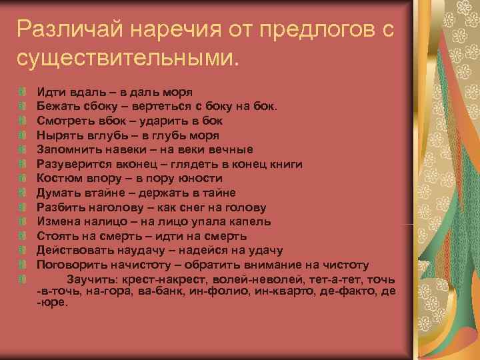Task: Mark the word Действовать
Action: pyautogui.click(x=70, y=250)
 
